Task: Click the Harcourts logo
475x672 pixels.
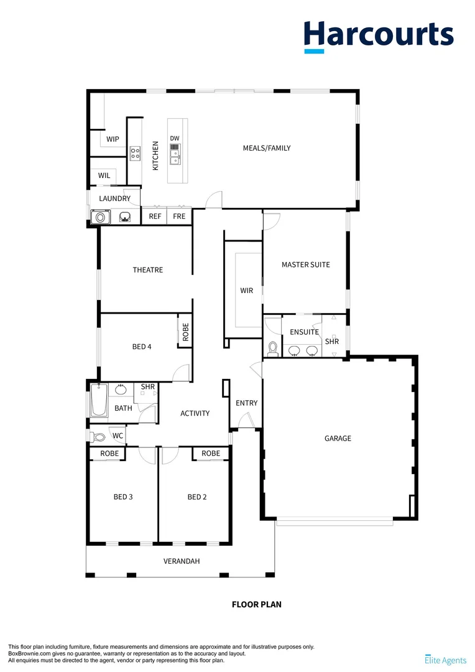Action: coord(378,35)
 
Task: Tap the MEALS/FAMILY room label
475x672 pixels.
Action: coord(267,148)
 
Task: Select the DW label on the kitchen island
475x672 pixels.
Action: coord(175,138)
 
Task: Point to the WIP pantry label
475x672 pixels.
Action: coord(113,139)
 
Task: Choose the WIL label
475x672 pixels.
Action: coord(104,175)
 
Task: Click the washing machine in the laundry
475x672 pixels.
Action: coord(99,217)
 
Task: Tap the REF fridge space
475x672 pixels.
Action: coord(155,217)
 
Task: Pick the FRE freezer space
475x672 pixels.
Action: coord(180,217)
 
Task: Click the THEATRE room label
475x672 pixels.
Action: coord(148,270)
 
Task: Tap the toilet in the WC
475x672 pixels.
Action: coord(96,436)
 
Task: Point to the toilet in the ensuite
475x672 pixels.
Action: coord(272,347)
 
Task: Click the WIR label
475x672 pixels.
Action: coord(247,291)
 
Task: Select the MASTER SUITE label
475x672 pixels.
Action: coord(306,264)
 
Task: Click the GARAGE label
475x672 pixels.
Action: coord(338,438)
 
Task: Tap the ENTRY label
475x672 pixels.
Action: coord(247,403)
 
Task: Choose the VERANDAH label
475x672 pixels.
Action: coord(182,561)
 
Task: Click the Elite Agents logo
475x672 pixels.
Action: coord(445,659)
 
